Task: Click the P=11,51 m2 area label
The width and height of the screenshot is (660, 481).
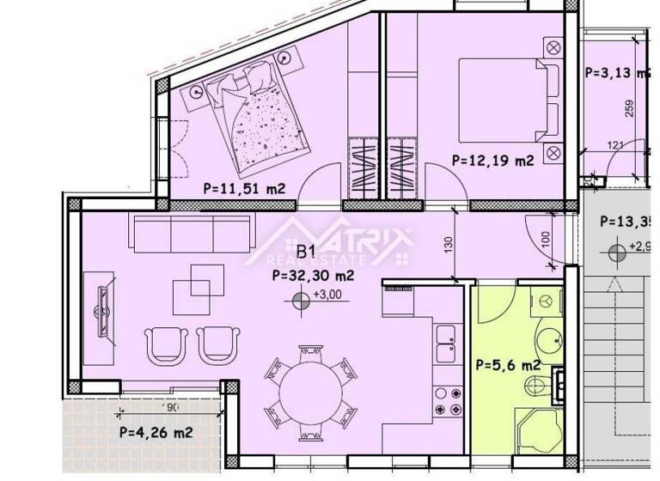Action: click(243, 187)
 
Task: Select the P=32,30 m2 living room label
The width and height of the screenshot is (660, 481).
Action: click(312, 277)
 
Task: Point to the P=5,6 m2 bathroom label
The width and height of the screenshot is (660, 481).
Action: click(508, 365)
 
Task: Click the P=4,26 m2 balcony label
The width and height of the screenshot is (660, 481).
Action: click(155, 432)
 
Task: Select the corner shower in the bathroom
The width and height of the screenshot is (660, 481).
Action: click(537, 429)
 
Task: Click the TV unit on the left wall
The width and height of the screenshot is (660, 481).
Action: click(101, 309)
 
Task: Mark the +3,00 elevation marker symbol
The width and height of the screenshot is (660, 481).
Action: click(301, 300)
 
